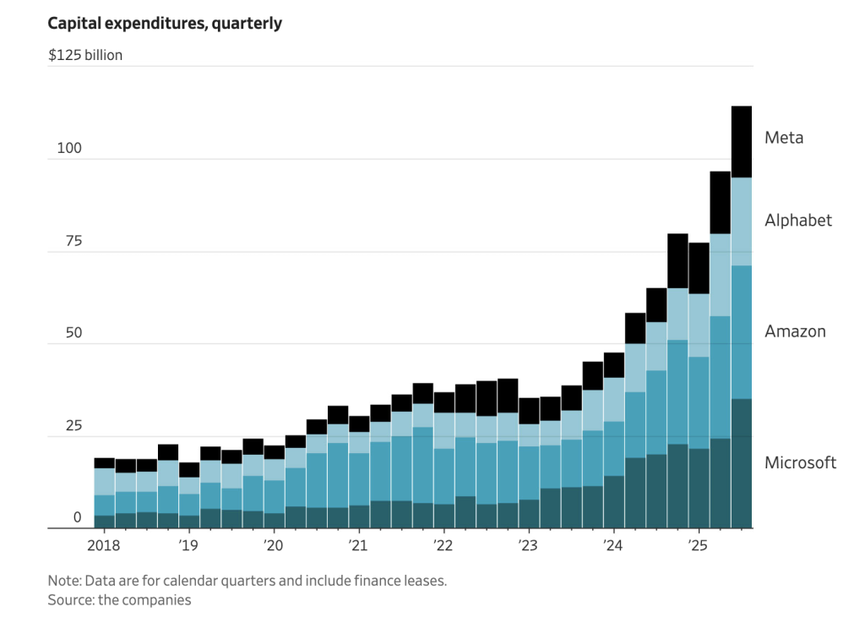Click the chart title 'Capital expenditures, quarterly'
click(x=165, y=24)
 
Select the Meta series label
click(x=783, y=137)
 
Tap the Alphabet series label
click(x=798, y=220)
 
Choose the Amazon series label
click(x=795, y=331)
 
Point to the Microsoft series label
click(x=800, y=462)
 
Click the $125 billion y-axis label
click(x=85, y=56)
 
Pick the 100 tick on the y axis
click(x=69, y=149)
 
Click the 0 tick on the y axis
click(x=77, y=517)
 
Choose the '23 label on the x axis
click(x=527, y=544)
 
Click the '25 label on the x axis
click(x=697, y=544)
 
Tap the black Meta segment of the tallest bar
click(x=742, y=141)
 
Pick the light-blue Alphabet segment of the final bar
click(x=742, y=221)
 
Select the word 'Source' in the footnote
click(x=71, y=600)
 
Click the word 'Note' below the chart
click(x=64, y=582)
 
